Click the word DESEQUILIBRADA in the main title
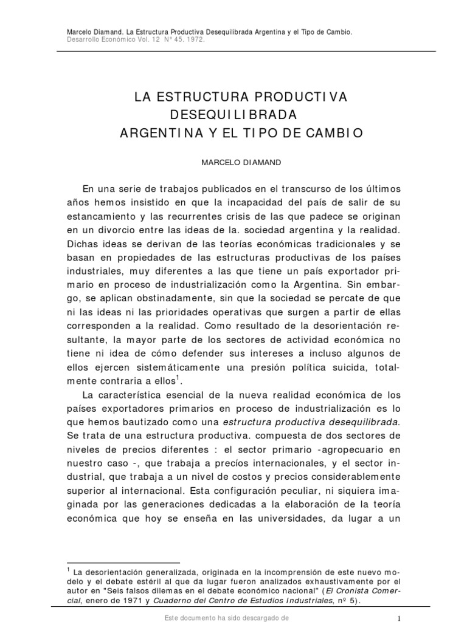(234, 114)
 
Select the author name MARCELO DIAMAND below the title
(234, 163)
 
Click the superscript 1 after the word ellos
(177, 379)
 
